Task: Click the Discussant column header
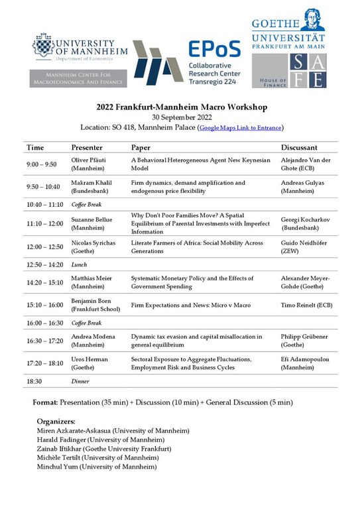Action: [298, 147]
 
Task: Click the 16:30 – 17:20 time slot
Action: [45, 341]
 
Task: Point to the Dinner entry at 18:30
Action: [80, 382]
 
